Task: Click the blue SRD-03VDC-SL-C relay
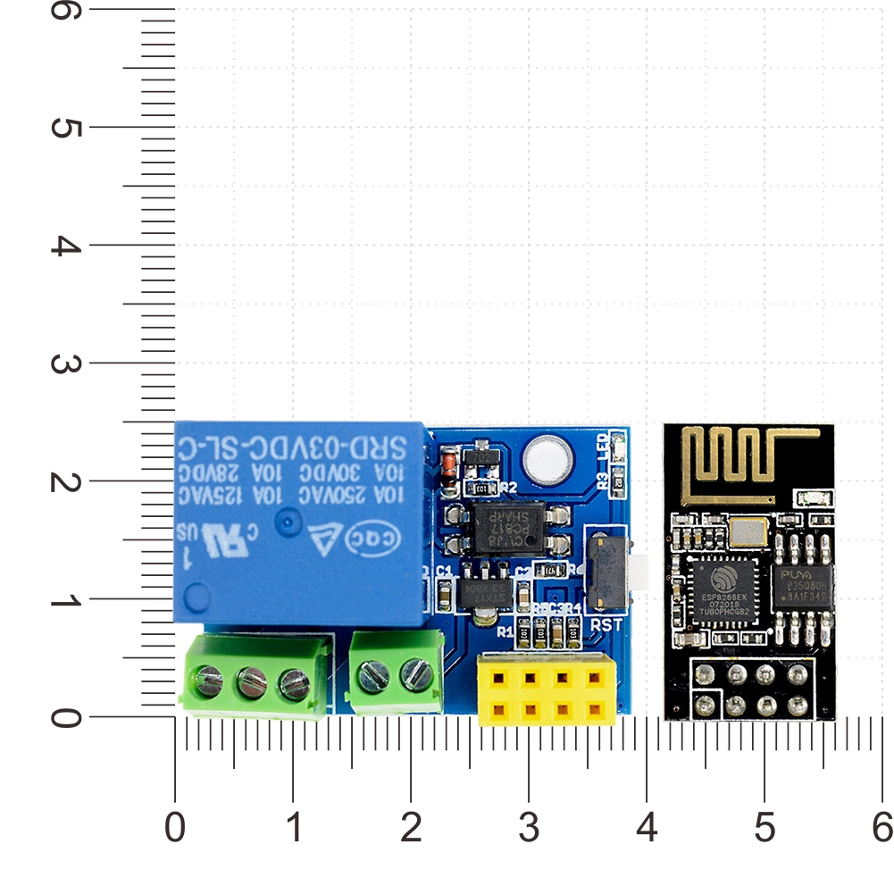click(299, 522)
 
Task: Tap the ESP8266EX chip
click(723, 588)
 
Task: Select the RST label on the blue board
click(606, 625)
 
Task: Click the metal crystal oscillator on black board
click(748, 532)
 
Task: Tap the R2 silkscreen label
click(509, 488)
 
